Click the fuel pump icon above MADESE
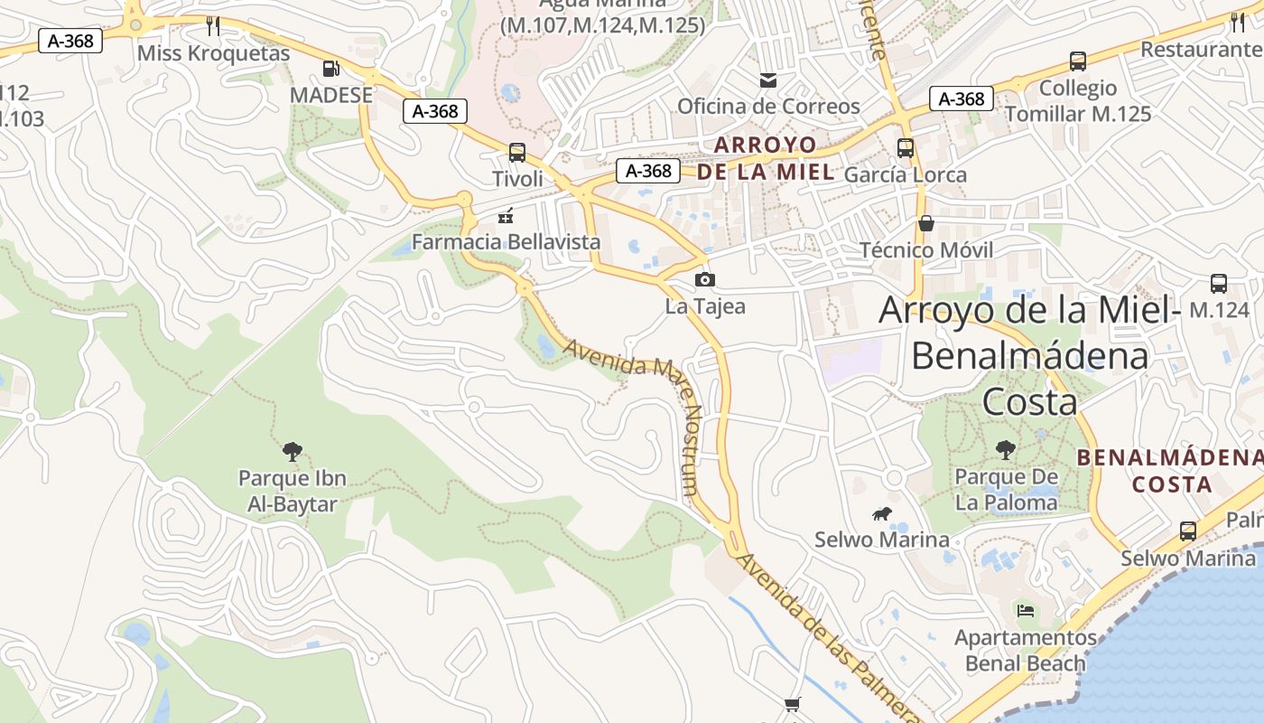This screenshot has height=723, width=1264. pyautogui.click(x=331, y=68)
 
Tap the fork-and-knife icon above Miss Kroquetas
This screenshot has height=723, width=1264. pyautogui.click(x=213, y=25)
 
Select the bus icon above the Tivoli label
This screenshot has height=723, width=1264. pyautogui.click(x=516, y=152)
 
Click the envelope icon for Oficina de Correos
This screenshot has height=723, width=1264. pyautogui.click(x=767, y=80)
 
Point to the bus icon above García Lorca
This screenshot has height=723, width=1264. pyautogui.click(x=905, y=147)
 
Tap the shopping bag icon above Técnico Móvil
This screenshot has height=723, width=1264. pyautogui.click(x=925, y=223)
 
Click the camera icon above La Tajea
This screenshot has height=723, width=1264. pyautogui.click(x=705, y=279)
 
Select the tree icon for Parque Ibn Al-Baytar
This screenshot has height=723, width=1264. pyautogui.click(x=292, y=450)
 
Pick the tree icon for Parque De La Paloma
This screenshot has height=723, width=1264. pyautogui.click(x=1005, y=449)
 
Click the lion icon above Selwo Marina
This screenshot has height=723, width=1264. pyautogui.click(x=881, y=514)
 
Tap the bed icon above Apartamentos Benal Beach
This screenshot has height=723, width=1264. pyautogui.click(x=1025, y=610)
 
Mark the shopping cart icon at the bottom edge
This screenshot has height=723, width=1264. pyautogui.click(x=792, y=705)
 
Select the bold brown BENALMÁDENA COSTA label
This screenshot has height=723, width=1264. pyautogui.click(x=1170, y=470)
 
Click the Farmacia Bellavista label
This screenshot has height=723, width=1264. pyautogui.click(x=506, y=241)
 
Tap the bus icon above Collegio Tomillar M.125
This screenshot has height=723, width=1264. pyautogui.click(x=1077, y=61)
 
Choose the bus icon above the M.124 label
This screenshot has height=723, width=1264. pyautogui.click(x=1218, y=283)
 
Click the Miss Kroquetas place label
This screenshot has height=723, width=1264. pyautogui.click(x=213, y=53)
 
